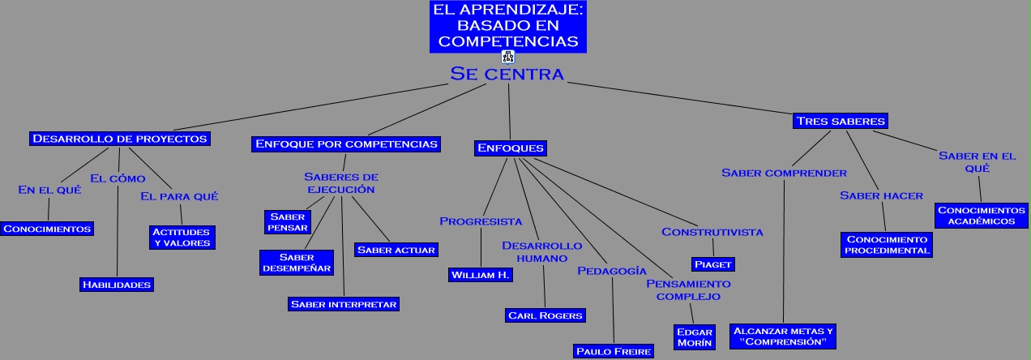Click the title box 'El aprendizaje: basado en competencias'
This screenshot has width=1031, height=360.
[x=507, y=26]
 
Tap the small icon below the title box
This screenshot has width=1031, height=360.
[x=508, y=57]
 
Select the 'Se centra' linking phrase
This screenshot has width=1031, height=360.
[x=507, y=74]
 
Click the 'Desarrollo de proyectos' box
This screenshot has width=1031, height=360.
[x=120, y=139]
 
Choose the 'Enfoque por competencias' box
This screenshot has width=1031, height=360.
[x=346, y=144]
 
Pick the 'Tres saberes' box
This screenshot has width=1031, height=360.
[x=840, y=121]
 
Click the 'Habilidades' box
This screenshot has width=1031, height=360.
[x=117, y=284]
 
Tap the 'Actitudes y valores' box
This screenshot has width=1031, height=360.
[x=182, y=237]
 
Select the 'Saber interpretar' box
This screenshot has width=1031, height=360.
[x=344, y=304]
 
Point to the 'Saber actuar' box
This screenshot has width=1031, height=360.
[x=396, y=249]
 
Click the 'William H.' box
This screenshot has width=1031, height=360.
[x=481, y=275]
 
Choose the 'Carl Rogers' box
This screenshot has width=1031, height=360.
[x=545, y=315]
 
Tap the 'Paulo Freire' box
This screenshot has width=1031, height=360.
[x=613, y=351]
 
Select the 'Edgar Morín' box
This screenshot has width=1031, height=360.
[x=695, y=336]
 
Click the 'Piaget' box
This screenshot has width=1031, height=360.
[x=713, y=264]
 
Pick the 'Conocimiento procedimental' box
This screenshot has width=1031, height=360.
[x=886, y=245]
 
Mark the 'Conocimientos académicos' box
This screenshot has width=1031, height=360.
[x=981, y=215]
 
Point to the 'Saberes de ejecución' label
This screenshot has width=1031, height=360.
[x=341, y=182]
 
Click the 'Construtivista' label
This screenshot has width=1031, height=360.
[x=712, y=232]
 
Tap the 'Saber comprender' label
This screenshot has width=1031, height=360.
[x=784, y=173]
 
